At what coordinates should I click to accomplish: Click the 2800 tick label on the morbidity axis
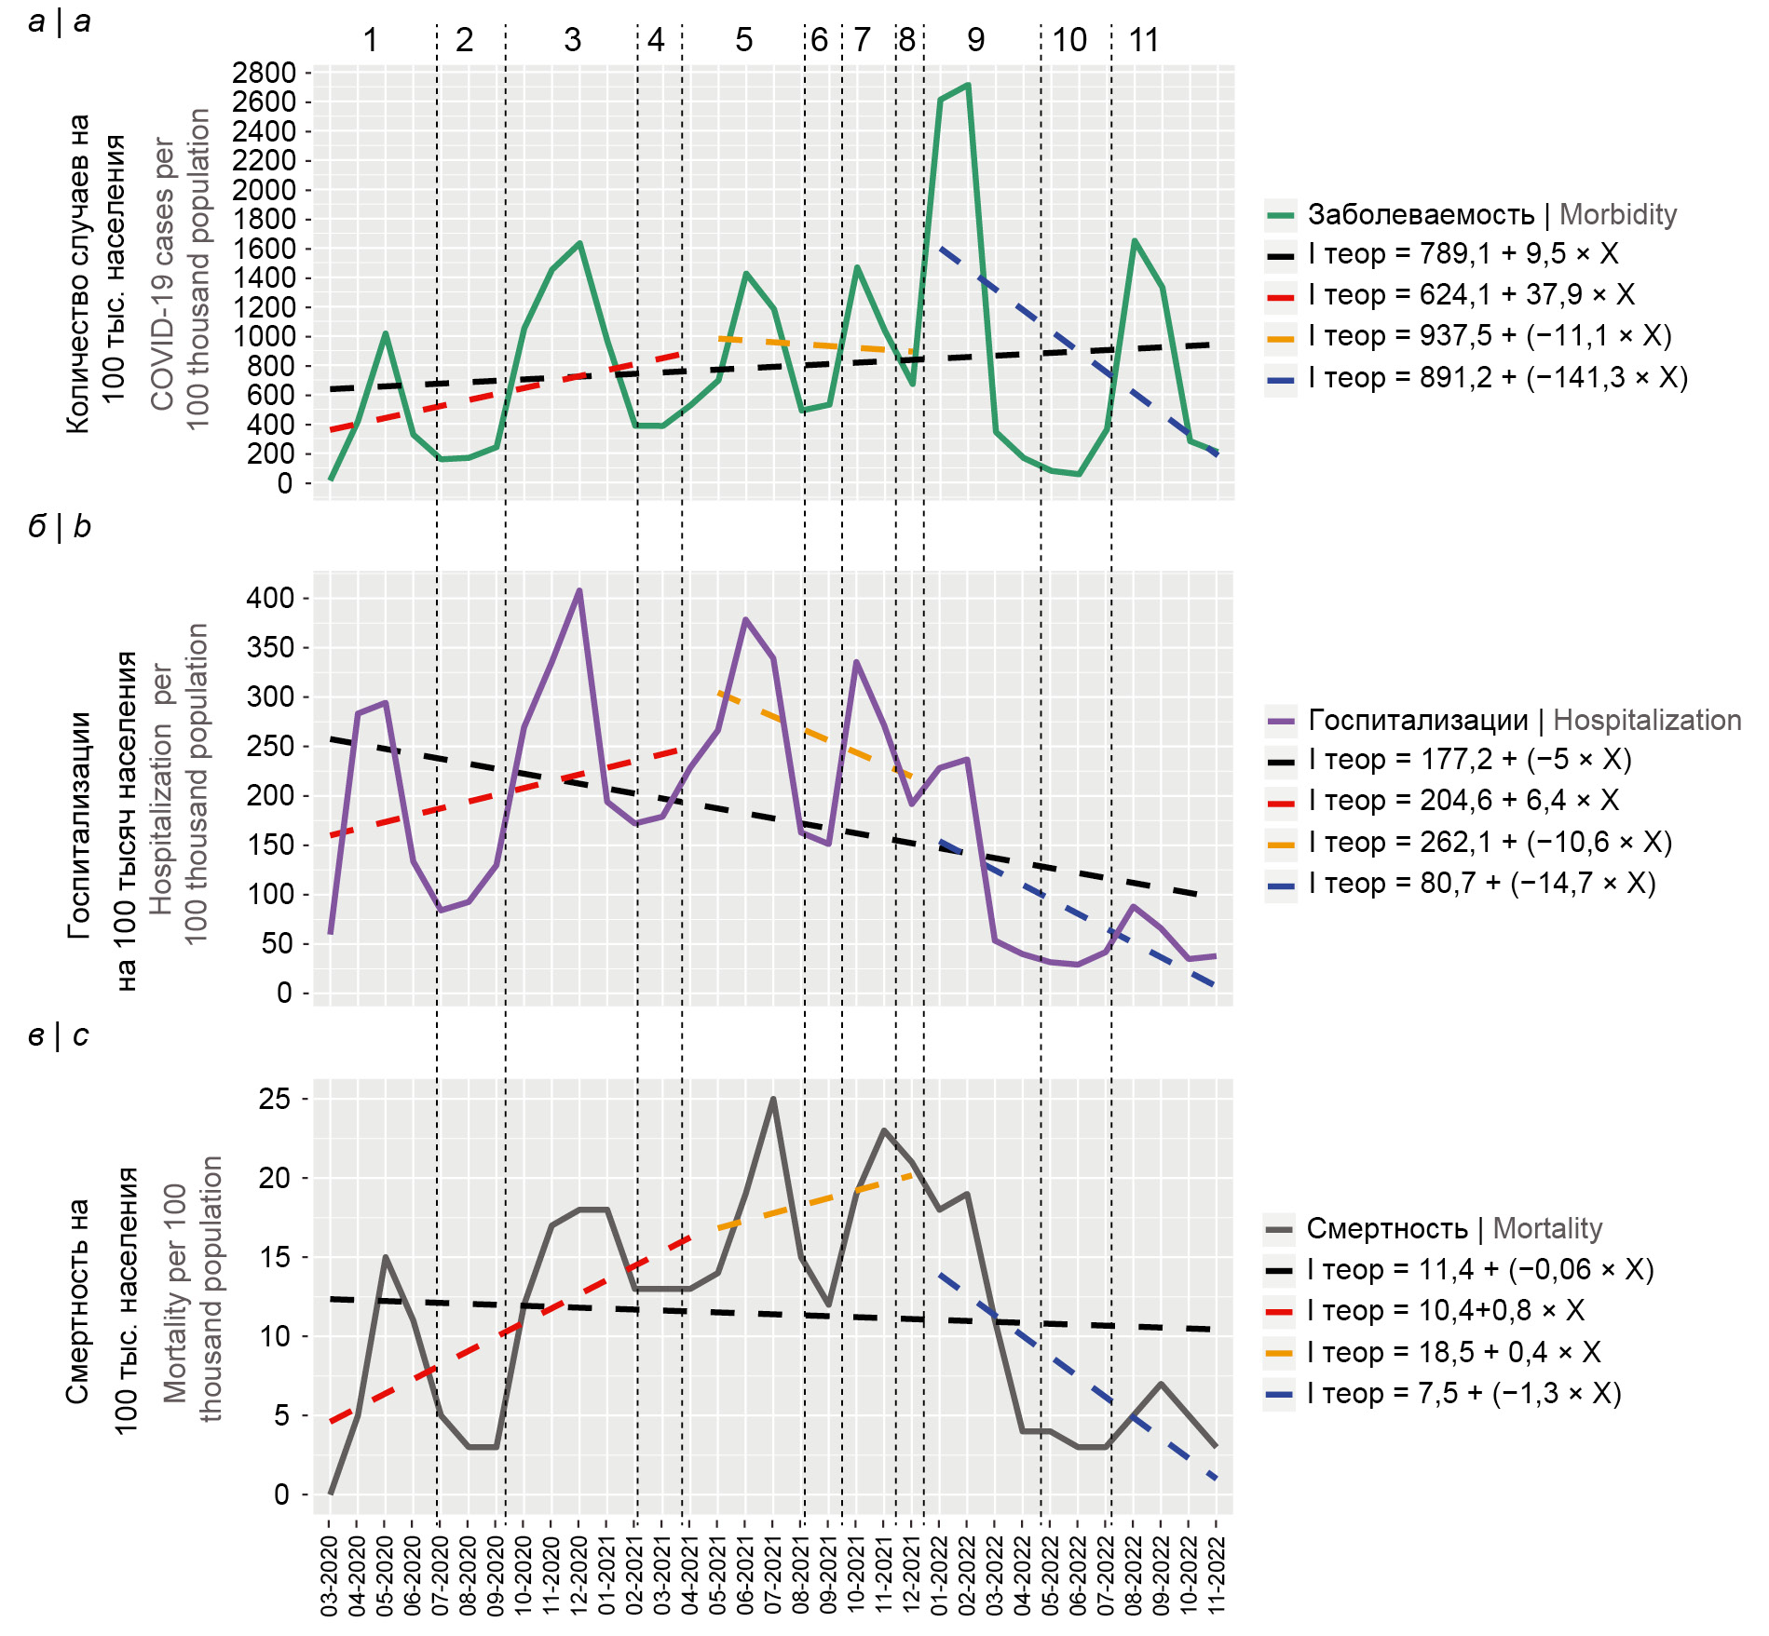[x=264, y=73]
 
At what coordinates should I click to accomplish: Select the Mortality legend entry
[x=1453, y=1228]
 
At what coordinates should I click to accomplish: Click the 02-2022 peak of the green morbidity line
[x=968, y=85]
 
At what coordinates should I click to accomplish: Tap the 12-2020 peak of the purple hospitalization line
[x=579, y=590]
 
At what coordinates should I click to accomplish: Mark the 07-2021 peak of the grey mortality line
[x=773, y=1100]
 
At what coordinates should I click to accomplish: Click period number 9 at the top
[x=975, y=40]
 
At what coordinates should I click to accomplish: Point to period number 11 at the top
[x=1143, y=40]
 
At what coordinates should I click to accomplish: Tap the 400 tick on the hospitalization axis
[x=270, y=598]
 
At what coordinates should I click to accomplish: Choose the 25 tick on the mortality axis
[x=276, y=1099]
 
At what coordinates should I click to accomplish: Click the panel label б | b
[x=60, y=527]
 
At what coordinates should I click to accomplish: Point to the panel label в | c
[x=59, y=1035]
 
